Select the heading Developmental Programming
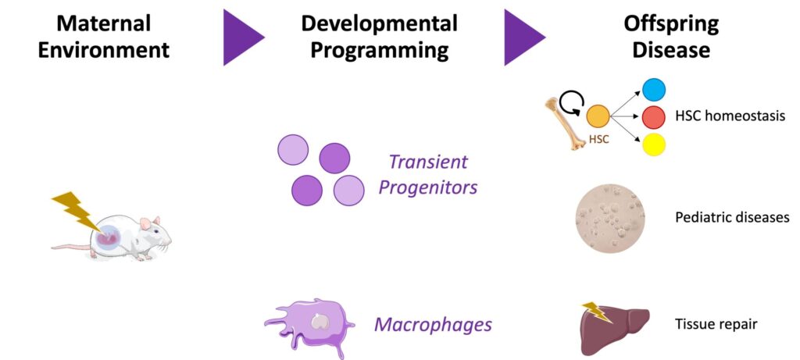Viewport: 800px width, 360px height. [379, 37]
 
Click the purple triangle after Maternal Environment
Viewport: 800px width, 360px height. [243, 37]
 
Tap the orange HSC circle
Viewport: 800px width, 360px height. [598, 117]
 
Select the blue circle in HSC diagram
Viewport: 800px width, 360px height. [653, 89]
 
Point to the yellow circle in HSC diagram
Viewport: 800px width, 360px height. [653, 144]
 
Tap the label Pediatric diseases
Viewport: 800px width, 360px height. [732, 217]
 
